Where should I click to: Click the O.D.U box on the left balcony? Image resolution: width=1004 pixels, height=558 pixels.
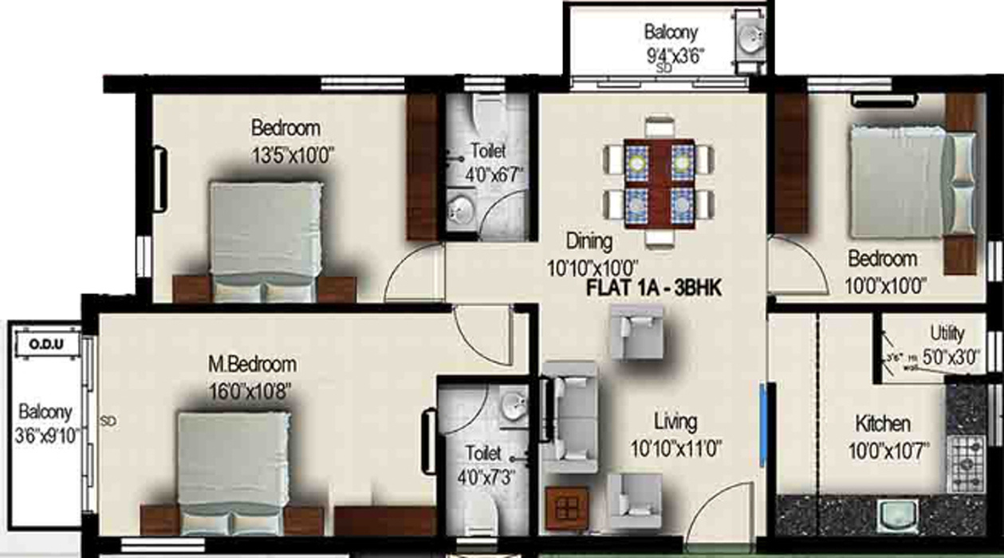point(47,345)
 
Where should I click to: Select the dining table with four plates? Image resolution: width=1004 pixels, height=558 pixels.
point(659,183)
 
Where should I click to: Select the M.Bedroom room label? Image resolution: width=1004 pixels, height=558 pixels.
point(252,364)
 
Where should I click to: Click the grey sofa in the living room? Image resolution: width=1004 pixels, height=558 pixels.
point(569,415)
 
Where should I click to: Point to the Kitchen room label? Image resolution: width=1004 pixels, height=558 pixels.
point(883,423)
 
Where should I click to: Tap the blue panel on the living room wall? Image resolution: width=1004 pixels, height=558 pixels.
point(763,426)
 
